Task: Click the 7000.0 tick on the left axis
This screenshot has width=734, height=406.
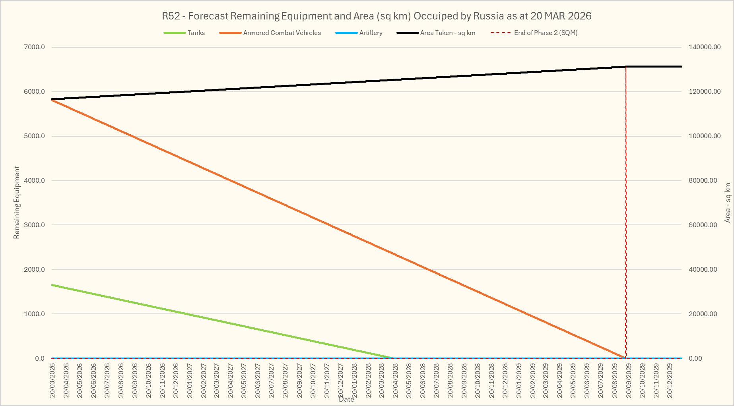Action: (35, 47)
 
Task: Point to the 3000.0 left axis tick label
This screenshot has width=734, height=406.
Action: (35, 225)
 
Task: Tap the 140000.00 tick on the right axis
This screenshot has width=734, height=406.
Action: (705, 47)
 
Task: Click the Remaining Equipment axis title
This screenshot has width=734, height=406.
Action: (17, 203)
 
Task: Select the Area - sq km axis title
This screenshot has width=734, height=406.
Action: (728, 203)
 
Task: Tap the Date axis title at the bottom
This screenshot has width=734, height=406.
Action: (346, 400)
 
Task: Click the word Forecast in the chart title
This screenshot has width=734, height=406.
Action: (209, 16)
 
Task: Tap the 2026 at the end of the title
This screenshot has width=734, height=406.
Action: (579, 16)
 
